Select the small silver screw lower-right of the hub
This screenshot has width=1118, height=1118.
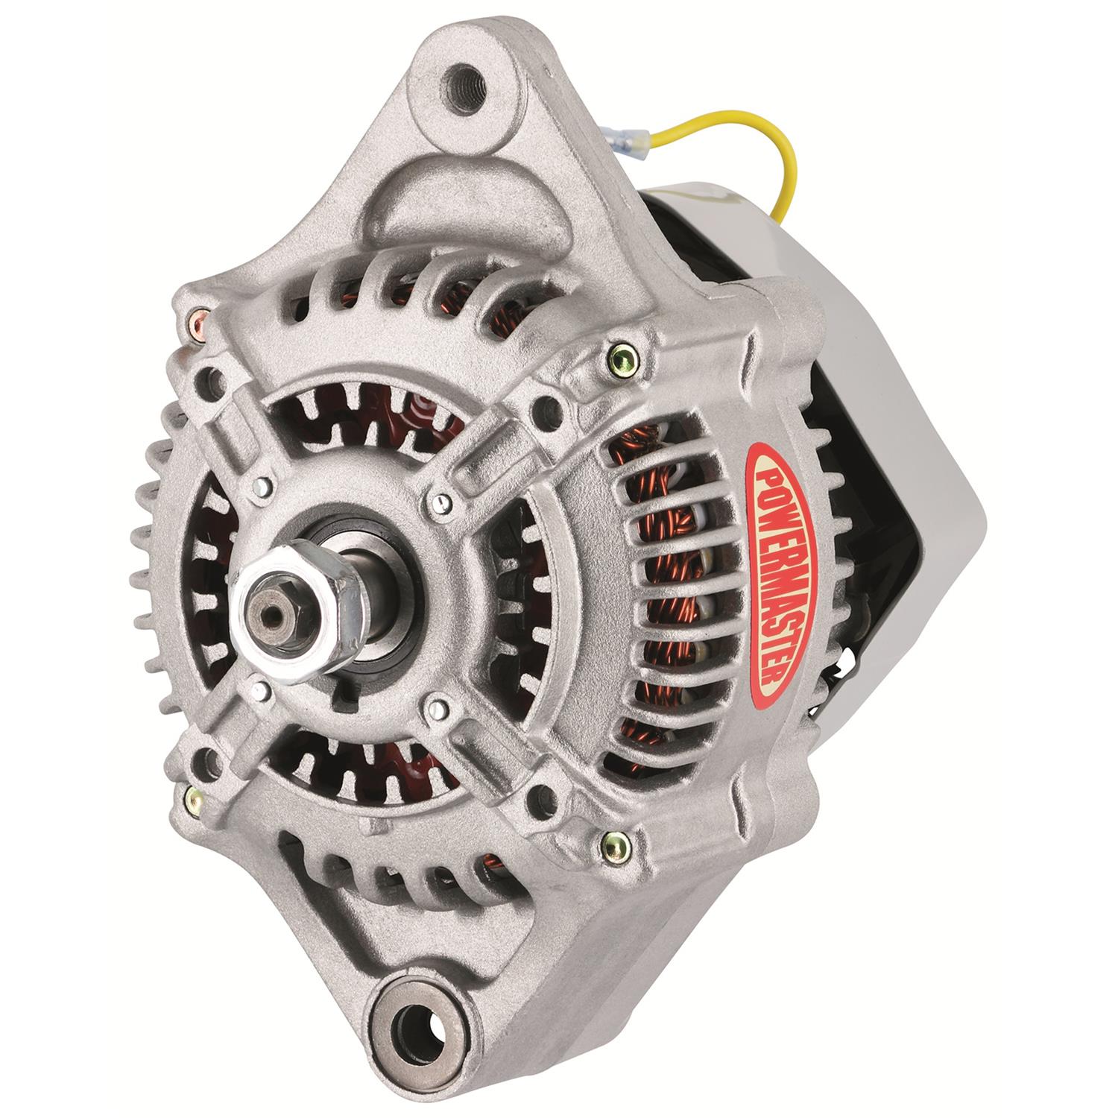coord(438,701)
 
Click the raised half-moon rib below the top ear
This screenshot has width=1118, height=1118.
coord(477,194)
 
